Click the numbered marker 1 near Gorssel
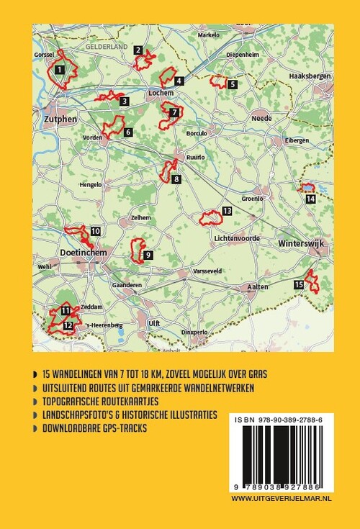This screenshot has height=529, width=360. coord(60,69)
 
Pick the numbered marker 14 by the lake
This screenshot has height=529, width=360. coord(310,199)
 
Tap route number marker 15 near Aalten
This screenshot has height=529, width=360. coord(299,286)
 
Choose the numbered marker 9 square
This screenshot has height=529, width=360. coord(148,255)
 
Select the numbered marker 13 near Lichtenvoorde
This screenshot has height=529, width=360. coord(227,211)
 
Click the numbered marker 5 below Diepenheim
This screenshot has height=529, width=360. coord(232,85)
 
